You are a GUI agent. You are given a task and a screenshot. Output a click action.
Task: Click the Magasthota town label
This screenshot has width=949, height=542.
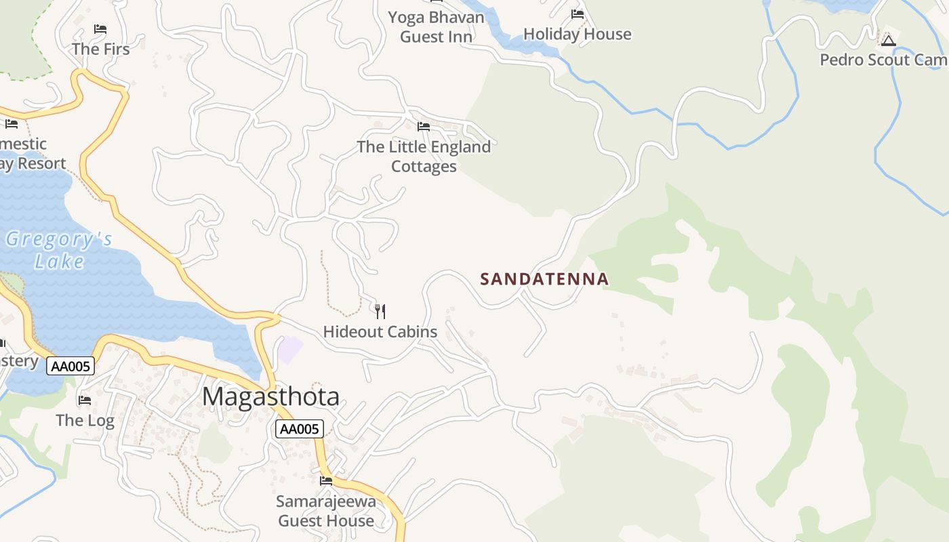pyautogui.click(x=270, y=396)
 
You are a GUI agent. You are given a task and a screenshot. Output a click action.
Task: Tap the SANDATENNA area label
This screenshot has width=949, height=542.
pyautogui.click(x=544, y=279)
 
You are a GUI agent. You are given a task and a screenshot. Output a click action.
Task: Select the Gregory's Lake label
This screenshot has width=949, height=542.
pyautogui.click(x=59, y=250)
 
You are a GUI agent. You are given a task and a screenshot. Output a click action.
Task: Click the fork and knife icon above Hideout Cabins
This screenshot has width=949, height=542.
pyautogui.click(x=380, y=312)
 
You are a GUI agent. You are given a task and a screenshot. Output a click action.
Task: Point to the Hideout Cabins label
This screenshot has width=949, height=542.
pyautogui.click(x=380, y=332)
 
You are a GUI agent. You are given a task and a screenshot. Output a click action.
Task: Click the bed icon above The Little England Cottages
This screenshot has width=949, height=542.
pyautogui.click(x=424, y=127)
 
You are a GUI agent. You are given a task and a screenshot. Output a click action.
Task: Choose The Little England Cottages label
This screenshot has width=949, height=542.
pyautogui.click(x=424, y=157)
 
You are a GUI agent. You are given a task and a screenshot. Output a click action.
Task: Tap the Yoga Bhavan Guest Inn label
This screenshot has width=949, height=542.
pyautogui.click(x=436, y=27)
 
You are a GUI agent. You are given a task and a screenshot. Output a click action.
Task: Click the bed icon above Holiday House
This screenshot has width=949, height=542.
pyautogui.click(x=578, y=14)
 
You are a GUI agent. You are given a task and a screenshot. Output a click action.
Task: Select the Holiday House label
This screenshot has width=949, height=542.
pyautogui.click(x=578, y=35)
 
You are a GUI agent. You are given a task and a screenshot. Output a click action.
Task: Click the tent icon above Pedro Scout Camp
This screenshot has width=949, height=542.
pyautogui.click(x=889, y=41)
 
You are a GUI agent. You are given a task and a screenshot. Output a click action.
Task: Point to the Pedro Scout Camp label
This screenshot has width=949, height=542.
pyautogui.click(x=883, y=60)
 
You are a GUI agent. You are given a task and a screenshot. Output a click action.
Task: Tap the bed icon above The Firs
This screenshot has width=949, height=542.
pyautogui.click(x=100, y=29)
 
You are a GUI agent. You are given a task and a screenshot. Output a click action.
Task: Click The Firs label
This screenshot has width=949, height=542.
pyautogui.click(x=100, y=49)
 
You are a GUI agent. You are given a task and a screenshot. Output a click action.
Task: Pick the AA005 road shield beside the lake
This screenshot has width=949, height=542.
pyautogui.click(x=70, y=367)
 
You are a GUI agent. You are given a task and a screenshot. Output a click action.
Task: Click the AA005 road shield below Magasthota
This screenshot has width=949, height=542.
pyautogui.click(x=300, y=429)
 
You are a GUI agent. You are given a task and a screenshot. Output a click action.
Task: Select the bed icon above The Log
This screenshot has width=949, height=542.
pyautogui.click(x=85, y=400)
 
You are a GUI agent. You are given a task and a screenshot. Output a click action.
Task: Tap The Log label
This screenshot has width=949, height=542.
pyautogui.click(x=85, y=421)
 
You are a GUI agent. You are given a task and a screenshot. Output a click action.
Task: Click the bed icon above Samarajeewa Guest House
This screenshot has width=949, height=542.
pyautogui.click(x=326, y=481)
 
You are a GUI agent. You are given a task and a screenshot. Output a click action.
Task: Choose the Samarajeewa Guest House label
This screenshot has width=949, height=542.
pyautogui.click(x=326, y=512)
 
